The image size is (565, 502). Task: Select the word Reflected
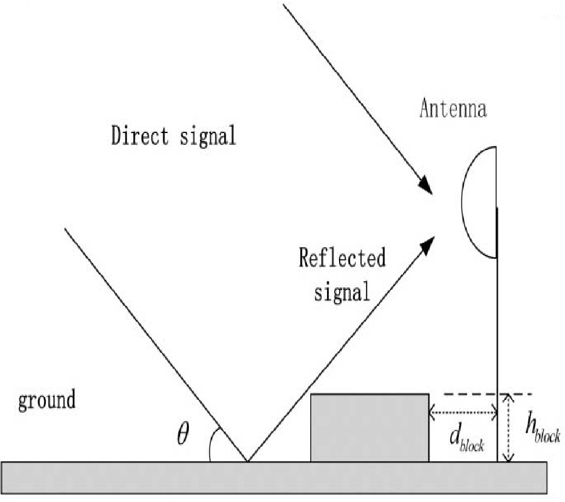coord(342,258)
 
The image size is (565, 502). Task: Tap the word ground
coord(47,400)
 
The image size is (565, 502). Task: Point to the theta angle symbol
coord(183,434)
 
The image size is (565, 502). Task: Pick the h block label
coord(542,429)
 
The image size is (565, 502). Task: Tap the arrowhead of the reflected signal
coord(427,243)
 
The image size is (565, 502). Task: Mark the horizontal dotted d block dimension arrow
coord(463,412)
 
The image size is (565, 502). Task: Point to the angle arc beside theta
coord(213,445)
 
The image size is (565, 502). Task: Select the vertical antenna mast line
coord(497,326)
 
